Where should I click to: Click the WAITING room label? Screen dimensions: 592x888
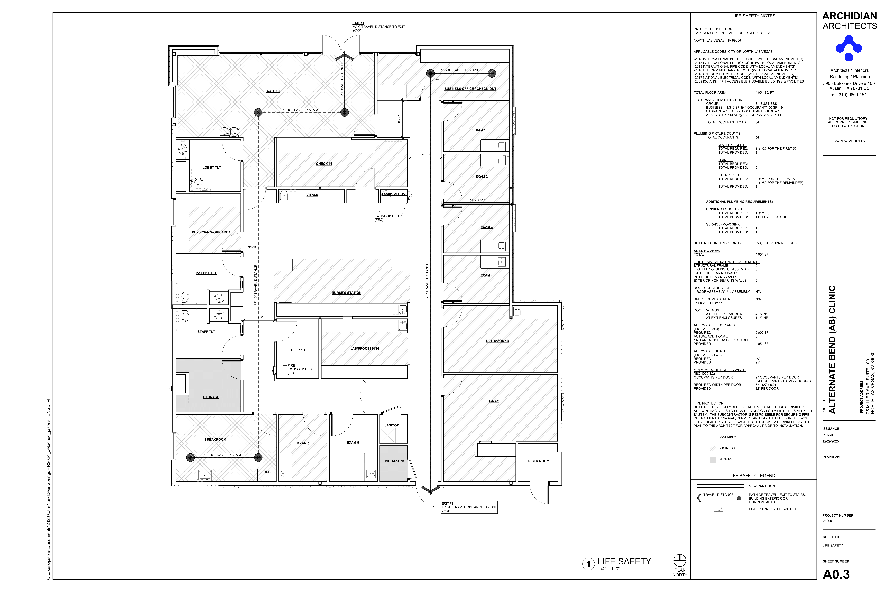pyautogui.click(x=273, y=91)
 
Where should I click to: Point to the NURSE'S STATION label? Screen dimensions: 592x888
pyautogui.click(x=346, y=293)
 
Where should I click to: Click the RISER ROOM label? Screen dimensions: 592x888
pyautogui.click(x=538, y=461)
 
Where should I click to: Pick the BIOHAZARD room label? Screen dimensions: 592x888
pyautogui.click(x=394, y=461)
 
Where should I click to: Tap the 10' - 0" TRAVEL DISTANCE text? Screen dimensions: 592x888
pyautogui.click(x=461, y=70)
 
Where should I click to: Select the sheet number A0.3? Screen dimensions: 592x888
pyautogui.click(x=836, y=574)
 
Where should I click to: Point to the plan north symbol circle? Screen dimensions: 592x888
pyautogui.click(x=680, y=560)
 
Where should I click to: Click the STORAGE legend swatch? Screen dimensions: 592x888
pyautogui.click(x=713, y=460)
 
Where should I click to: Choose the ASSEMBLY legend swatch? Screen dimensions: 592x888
pyautogui.click(x=713, y=438)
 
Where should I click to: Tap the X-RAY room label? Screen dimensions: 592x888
pyautogui.click(x=493, y=401)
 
